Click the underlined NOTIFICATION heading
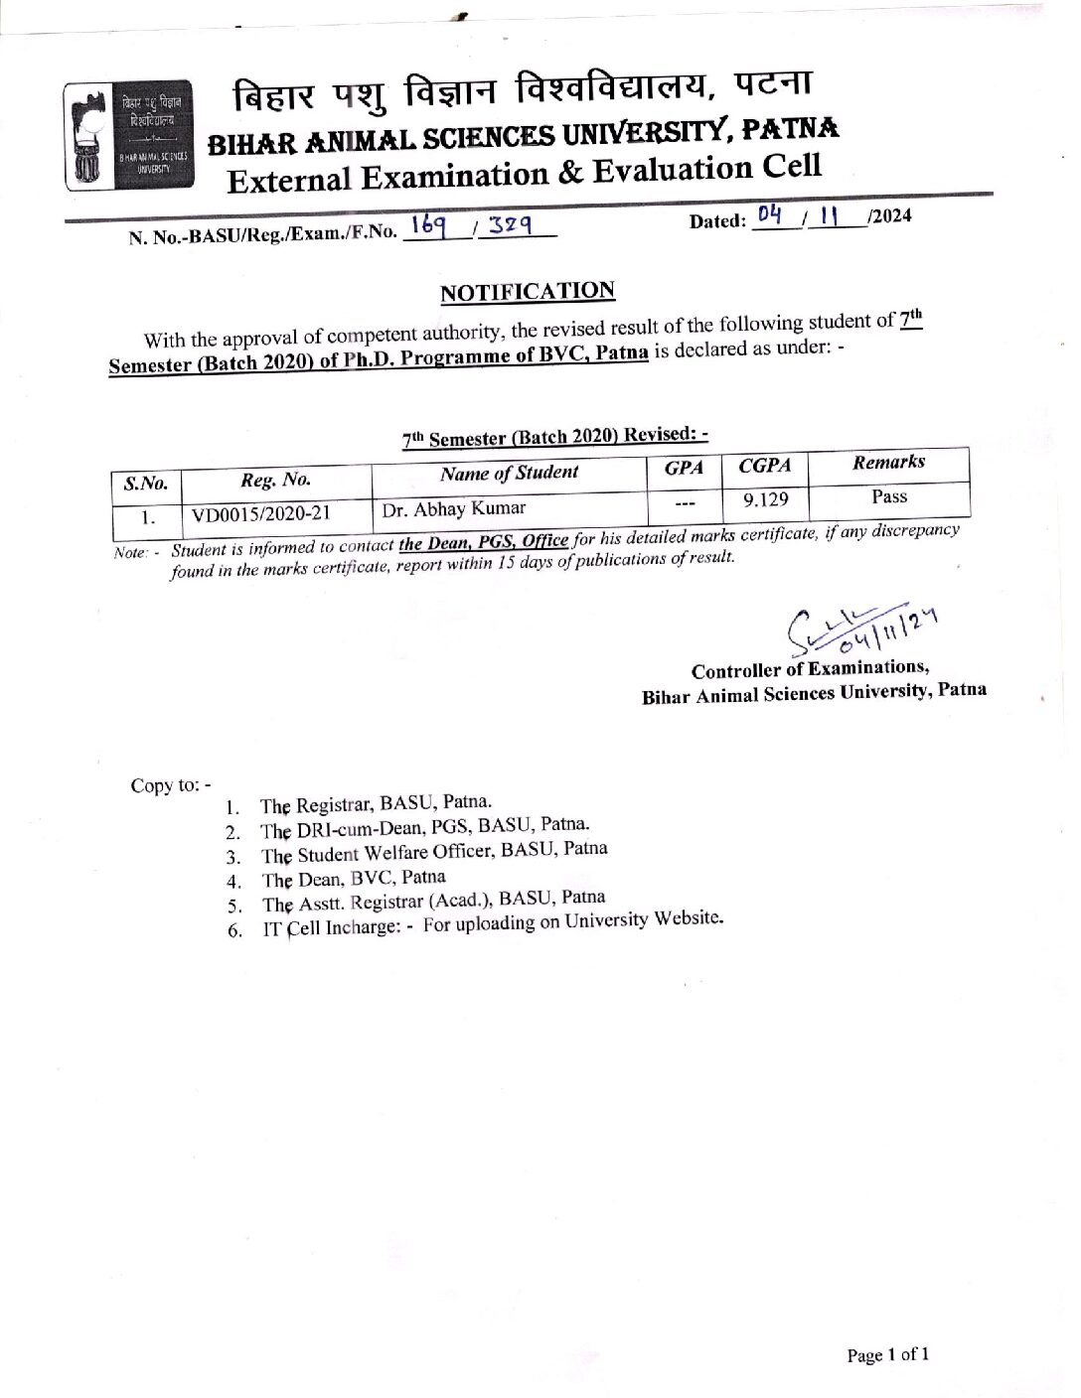pyautogui.click(x=528, y=292)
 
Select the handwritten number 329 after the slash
pyautogui.click(x=509, y=227)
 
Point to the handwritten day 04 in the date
pyautogui.click(x=770, y=215)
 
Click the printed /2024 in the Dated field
pyautogui.click(x=888, y=216)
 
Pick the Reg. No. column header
pyautogui.click(x=275, y=480)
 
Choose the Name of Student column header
pyautogui.click(x=509, y=473)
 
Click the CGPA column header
pyautogui.click(x=764, y=465)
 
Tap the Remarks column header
pyautogui.click(x=888, y=462)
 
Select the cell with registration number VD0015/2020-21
pyautogui.click(x=261, y=514)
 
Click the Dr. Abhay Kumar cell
pyautogui.click(x=454, y=509)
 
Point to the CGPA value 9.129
pyautogui.click(x=766, y=499)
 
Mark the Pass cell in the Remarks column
pyautogui.click(x=889, y=495)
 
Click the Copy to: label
pyautogui.click(x=170, y=785)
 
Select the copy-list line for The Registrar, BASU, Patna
pyautogui.click(x=376, y=803)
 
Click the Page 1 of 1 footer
pyautogui.click(x=887, y=1354)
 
